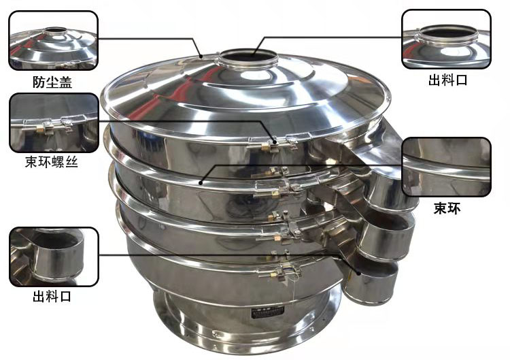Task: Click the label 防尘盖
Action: click(x=52, y=82)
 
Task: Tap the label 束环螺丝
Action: click(x=52, y=162)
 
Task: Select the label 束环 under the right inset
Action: click(x=447, y=208)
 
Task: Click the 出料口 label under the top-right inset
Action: click(x=447, y=80)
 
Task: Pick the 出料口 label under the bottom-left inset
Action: click(x=52, y=297)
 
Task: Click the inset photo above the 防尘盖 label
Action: click(x=53, y=40)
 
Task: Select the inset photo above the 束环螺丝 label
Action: click(x=54, y=123)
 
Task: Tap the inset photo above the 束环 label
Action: click(x=447, y=167)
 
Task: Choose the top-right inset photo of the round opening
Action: click(x=446, y=39)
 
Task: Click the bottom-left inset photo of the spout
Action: click(x=54, y=257)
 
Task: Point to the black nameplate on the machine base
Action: click(x=268, y=313)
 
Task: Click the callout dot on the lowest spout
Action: click(x=358, y=273)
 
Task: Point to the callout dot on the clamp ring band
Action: click(x=201, y=183)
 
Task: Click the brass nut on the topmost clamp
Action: click(x=267, y=148)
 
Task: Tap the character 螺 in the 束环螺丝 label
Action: click(x=58, y=162)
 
